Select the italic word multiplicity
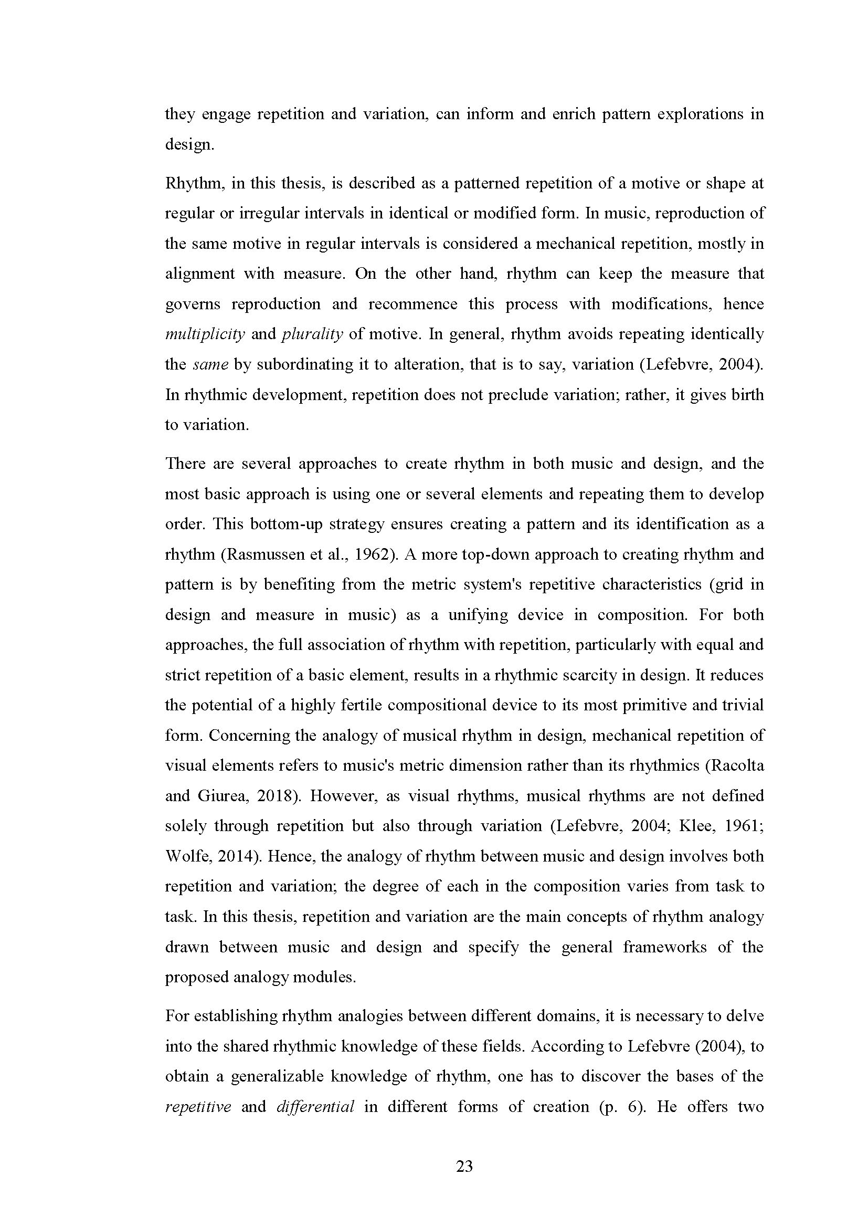[205, 334]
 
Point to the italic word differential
[315, 1106]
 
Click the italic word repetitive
[198, 1106]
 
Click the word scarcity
[590, 675]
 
